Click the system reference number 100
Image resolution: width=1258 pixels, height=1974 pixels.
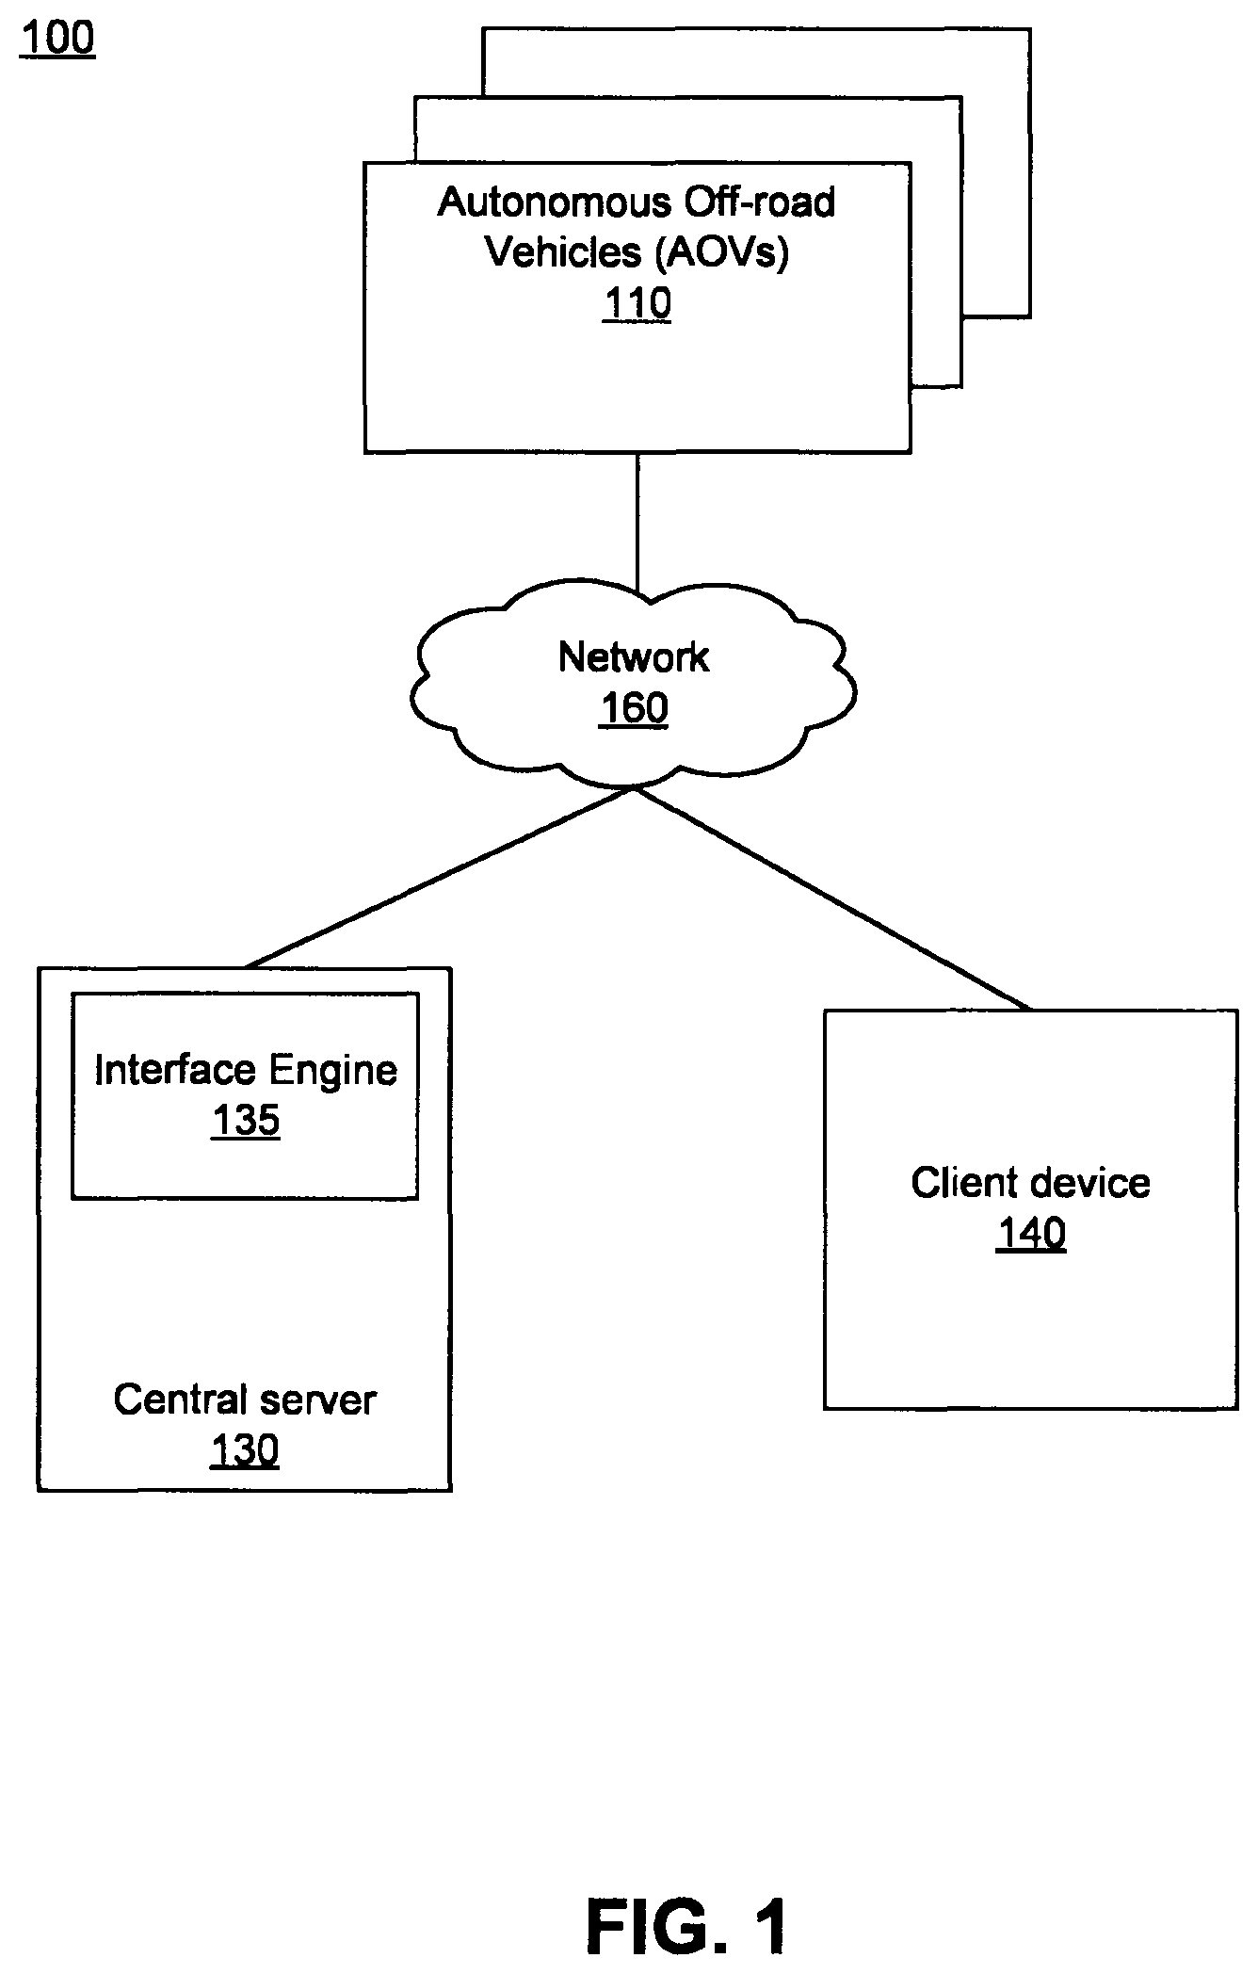coord(57,39)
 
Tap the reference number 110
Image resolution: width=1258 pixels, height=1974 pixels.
coord(637,303)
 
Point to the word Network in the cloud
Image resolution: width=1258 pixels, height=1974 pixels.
coord(634,657)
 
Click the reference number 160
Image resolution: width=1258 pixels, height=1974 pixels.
coord(634,708)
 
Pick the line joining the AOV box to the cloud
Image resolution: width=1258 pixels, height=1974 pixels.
coord(637,524)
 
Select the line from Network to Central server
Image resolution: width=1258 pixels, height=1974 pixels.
coord(439,878)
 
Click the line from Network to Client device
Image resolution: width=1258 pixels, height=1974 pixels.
coord(832,899)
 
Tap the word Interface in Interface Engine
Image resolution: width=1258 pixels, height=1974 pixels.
coord(175,1070)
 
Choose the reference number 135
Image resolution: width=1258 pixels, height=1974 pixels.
coord(246,1121)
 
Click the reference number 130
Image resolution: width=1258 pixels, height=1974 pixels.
coord(245,1450)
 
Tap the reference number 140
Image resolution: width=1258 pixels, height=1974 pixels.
coord(1031,1233)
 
